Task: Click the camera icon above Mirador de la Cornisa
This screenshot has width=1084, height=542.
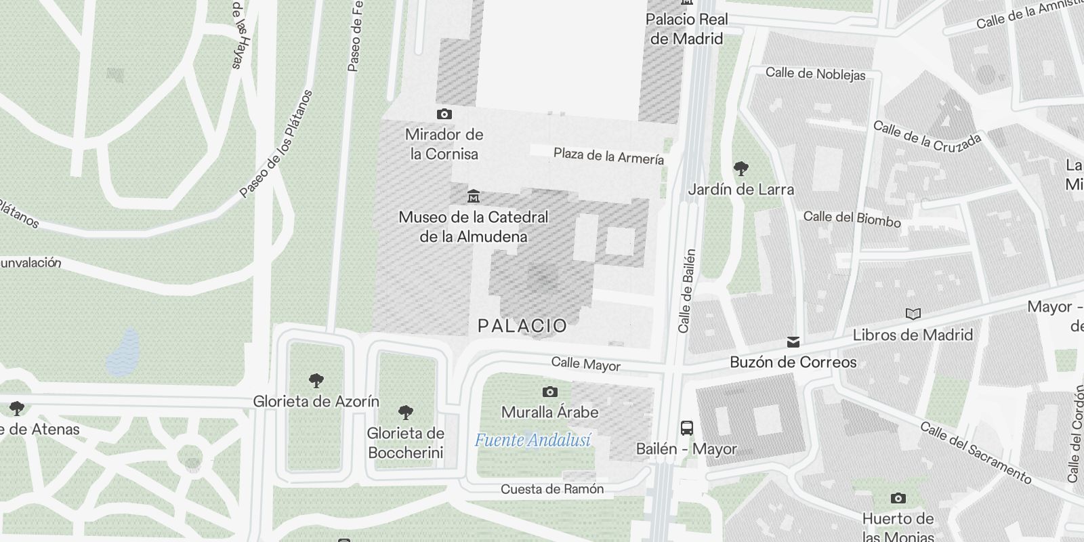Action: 444,114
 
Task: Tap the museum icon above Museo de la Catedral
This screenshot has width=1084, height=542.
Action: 474,196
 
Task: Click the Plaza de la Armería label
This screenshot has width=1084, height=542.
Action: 608,157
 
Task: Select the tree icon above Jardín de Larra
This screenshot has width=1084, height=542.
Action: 741,168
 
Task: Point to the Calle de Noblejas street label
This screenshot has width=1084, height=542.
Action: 815,74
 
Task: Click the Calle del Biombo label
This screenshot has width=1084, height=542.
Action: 852,218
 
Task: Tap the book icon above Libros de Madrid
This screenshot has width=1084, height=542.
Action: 913,314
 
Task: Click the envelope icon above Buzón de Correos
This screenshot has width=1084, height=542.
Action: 793,342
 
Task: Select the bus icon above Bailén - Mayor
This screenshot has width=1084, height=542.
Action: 686,428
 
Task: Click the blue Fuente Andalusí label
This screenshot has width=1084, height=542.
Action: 533,440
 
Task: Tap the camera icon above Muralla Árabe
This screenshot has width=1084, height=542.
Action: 549,392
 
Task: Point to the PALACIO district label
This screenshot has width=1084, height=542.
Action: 522,326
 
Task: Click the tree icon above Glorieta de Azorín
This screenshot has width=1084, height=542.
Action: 316,380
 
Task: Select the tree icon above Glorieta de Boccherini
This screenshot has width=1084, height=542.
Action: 405,412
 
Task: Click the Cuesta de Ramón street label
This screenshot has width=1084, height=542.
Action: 551,489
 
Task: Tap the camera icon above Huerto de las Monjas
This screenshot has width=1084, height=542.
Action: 898,499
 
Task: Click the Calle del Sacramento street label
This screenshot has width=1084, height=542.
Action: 975,453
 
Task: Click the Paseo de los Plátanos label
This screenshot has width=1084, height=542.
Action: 277,144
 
